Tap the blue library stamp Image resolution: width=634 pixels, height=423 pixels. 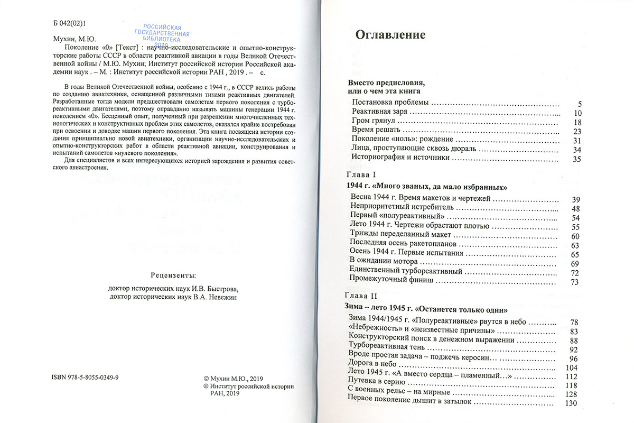pyautogui.click(x=166, y=35)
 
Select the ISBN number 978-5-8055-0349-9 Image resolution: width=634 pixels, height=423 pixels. pyautogui.click(x=86, y=379)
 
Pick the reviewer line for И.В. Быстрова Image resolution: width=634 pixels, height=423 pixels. pyautogui.click(x=173, y=289)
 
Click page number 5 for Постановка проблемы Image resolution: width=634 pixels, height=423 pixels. pyautogui.click(x=579, y=103)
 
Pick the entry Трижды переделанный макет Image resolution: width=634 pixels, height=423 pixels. pyautogui.click(x=401, y=235)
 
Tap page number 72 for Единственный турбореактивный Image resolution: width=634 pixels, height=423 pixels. pyautogui.click(x=576, y=272)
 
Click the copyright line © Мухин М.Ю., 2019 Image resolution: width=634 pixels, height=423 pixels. pyautogui.click(x=232, y=379)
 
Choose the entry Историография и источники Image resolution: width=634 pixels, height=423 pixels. pyautogui.click(x=400, y=158)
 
